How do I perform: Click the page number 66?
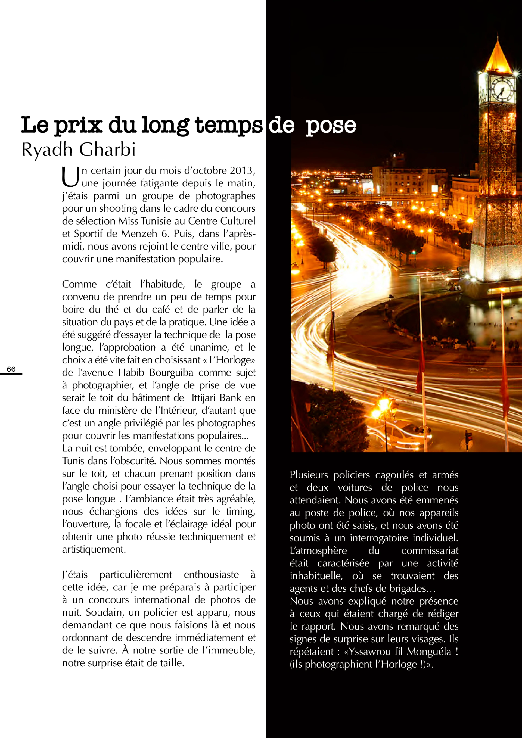point(11,369)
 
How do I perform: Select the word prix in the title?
point(78,125)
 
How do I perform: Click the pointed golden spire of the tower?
point(498,55)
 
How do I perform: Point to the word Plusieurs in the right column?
point(309,475)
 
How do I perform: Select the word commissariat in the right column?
point(430,551)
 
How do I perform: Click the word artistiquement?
point(93,549)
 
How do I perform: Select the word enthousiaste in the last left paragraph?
point(211,574)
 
